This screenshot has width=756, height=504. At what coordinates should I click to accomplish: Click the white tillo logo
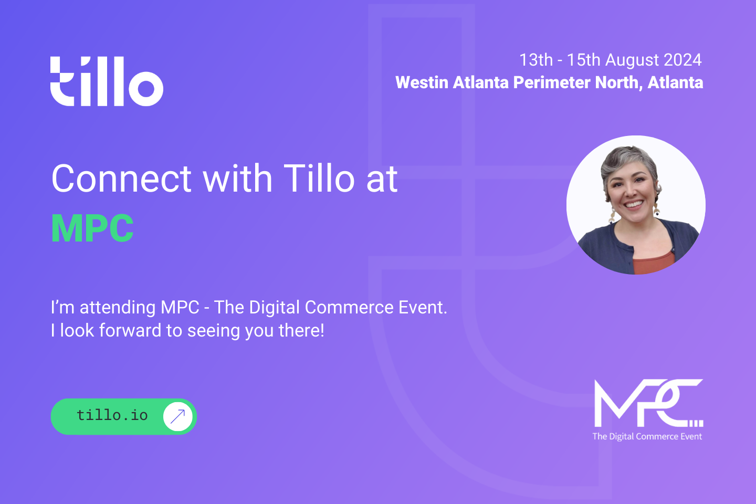(x=107, y=81)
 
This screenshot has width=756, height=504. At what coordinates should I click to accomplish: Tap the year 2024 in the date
(x=682, y=60)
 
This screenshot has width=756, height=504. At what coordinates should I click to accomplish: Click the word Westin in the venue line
(x=422, y=82)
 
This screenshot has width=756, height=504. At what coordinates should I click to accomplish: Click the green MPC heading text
(x=92, y=228)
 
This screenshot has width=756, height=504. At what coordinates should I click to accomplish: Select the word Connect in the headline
(x=121, y=178)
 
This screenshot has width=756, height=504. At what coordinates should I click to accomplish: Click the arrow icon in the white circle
(x=177, y=416)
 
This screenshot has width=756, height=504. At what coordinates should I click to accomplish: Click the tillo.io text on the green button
(x=112, y=415)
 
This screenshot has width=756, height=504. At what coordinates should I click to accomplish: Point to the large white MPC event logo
(x=648, y=403)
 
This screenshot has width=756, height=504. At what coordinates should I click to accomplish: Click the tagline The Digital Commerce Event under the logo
(x=647, y=436)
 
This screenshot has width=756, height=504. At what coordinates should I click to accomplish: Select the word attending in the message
(x=117, y=308)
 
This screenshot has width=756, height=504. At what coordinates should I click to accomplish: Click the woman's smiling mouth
(x=634, y=204)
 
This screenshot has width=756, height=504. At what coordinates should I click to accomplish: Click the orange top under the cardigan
(x=654, y=263)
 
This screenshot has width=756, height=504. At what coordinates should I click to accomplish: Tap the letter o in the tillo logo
(x=146, y=88)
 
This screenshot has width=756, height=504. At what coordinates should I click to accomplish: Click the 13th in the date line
(x=537, y=60)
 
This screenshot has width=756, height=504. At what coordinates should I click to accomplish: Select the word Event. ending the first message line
(x=423, y=307)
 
